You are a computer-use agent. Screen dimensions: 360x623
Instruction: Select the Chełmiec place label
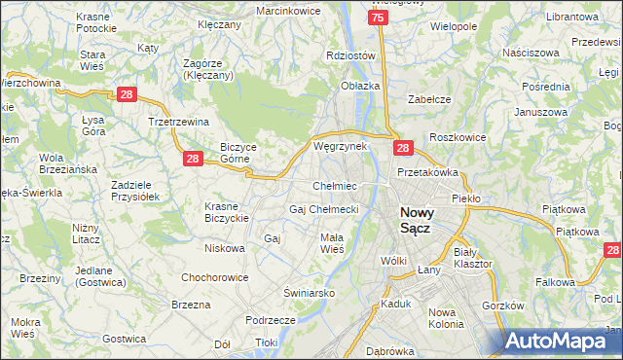[x=334, y=185]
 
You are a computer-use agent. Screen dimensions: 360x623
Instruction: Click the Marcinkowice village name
[x=288, y=10]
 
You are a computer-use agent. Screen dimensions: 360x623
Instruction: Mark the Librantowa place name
[x=571, y=18]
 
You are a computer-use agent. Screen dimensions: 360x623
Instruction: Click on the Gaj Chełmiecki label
[x=324, y=209]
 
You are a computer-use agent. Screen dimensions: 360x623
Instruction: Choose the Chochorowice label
[x=214, y=277]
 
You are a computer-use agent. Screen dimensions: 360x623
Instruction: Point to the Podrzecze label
[x=271, y=320]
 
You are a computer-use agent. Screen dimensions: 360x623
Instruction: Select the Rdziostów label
[x=351, y=56]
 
